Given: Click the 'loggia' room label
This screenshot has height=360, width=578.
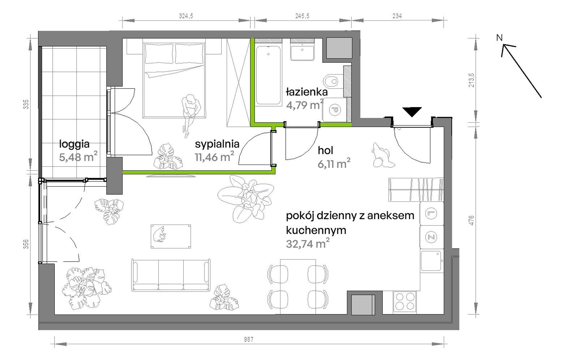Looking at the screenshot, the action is click(x=74, y=144).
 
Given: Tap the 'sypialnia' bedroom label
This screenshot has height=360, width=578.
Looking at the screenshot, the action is click(x=217, y=144).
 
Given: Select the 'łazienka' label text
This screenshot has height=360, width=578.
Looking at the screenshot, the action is click(x=307, y=92).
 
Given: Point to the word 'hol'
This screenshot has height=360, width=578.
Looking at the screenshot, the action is click(x=326, y=150).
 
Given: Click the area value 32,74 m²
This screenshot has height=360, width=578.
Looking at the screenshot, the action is click(x=308, y=243).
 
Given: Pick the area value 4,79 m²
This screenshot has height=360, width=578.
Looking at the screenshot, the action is click(x=305, y=105).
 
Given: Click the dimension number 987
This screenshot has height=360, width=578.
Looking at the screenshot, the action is click(x=249, y=339).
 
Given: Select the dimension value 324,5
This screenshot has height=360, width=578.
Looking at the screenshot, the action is click(x=186, y=16).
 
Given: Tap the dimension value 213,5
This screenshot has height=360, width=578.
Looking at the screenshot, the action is click(x=471, y=80).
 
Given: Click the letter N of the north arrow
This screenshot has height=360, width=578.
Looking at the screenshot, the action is click(x=499, y=38).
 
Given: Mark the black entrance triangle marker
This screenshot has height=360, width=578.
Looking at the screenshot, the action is click(x=412, y=112).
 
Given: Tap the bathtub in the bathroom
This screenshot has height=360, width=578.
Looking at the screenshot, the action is click(x=268, y=75).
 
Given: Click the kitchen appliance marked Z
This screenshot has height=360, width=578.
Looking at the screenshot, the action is click(x=431, y=237).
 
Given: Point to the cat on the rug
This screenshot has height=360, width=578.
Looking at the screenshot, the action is click(x=159, y=235).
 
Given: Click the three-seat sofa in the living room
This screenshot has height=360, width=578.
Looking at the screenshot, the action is click(x=171, y=275).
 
